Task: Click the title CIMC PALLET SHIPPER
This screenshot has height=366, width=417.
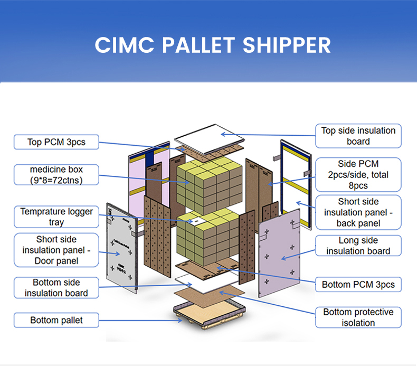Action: [x=213, y=45]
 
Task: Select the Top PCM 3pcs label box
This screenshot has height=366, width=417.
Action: [x=56, y=142]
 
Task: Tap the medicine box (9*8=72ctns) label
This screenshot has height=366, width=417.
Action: [x=56, y=175]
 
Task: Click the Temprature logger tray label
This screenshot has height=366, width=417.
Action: [x=56, y=217]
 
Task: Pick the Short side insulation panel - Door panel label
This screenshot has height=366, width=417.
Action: [x=56, y=250]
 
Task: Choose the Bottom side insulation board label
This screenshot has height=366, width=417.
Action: [x=56, y=288]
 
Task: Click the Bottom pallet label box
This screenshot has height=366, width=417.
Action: [x=56, y=320]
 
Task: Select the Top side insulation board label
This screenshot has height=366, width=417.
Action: [x=358, y=136]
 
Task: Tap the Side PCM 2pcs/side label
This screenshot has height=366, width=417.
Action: [x=358, y=175]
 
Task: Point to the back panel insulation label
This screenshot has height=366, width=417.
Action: [x=358, y=212]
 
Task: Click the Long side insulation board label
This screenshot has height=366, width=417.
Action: [x=358, y=246]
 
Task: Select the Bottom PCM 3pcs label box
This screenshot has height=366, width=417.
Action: [x=358, y=285]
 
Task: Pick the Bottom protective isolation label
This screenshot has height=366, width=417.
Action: [x=358, y=317]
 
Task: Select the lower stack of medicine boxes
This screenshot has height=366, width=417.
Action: [x=210, y=235]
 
